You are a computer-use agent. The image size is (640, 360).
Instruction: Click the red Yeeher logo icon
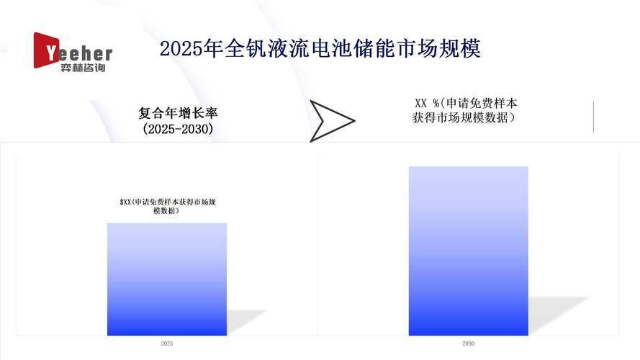coord(45,50)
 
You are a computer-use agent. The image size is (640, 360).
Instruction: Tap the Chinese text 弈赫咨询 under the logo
coord(84,68)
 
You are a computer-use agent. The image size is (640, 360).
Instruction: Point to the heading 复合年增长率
coord(178,113)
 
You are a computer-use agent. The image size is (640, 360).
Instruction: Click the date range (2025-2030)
coord(178,129)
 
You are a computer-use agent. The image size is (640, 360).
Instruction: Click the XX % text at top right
coord(427,102)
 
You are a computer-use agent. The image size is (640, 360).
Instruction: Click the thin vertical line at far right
coord(593,117)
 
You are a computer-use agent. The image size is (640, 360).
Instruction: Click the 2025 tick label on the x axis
coord(167,344)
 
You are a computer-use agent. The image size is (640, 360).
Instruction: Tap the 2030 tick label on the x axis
coord(468,344)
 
